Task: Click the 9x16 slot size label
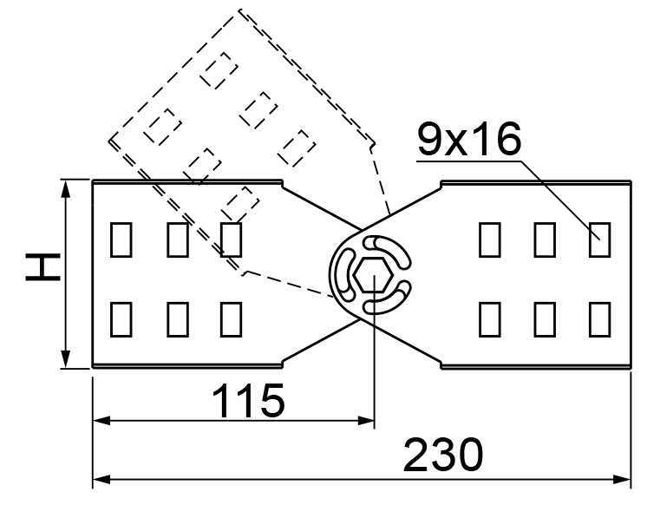pyautogui.click(x=469, y=139)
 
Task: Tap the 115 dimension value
pyautogui.click(x=248, y=400)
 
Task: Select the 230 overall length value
pyautogui.click(x=442, y=455)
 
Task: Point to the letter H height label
pyautogui.click(x=42, y=267)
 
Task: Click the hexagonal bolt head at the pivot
pyautogui.click(x=373, y=275)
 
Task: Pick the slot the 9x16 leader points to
pyautogui.click(x=599, y=239)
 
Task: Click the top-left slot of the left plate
pyautogui.click(x=121, y=239)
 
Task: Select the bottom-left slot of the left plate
pyautogui.click(x=121, y=319)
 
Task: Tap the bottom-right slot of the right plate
pyautogui.click(x=599, y=319)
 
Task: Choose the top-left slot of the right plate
pyautogui.click(x=490, y=239)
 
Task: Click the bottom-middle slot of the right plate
pyautogui.click(x=545, y=319)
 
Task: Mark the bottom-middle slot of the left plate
pyautogui.click(x=178, y=319)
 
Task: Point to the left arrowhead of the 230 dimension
pyautogui.click(x=101, y=479)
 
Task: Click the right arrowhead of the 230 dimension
pyautogui.click(x=622, y=479)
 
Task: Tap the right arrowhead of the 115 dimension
pyautogui.click(x=366, y=421)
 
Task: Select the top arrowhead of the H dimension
pyautogui.click(x=65, y=188)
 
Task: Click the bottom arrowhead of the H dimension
pyautogui.click(x=65, y=358)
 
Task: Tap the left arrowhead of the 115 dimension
pyautogui.click(x=102, y=421)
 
